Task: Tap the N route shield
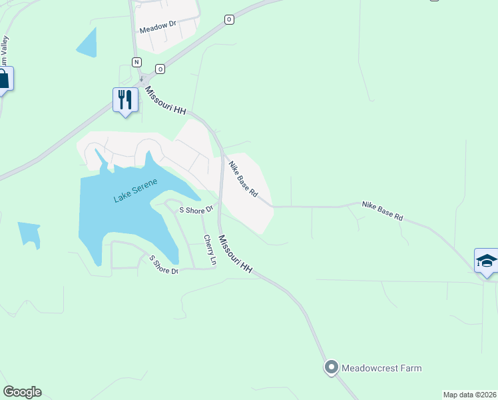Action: pos(136,62)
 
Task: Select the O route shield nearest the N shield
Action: pos(160,69)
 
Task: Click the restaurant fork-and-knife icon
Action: pos(124,99)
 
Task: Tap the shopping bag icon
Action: pos(3,79)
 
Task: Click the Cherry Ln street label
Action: pos(210,250)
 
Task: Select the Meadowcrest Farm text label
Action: pos(381,368)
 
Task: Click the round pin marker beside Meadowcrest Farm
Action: pos(331,367)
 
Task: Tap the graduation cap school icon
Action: pos(486,260)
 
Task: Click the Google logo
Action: pos(22,392)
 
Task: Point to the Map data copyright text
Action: pos(470,395)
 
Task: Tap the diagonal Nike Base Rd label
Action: pos(243,179)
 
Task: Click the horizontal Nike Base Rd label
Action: pos(383,211)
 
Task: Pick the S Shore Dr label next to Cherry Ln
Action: pos(196,209)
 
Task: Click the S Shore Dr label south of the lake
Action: pos(164,265)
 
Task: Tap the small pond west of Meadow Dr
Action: pos(87,43)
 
